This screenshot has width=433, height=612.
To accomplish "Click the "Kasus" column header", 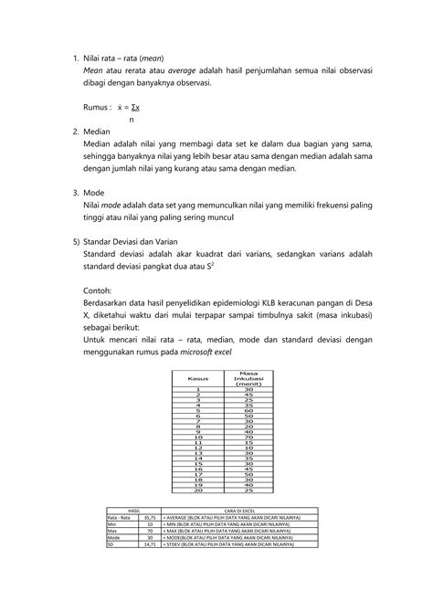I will tap(198, 378).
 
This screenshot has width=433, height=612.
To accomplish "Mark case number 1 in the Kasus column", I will tap(198, 388).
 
